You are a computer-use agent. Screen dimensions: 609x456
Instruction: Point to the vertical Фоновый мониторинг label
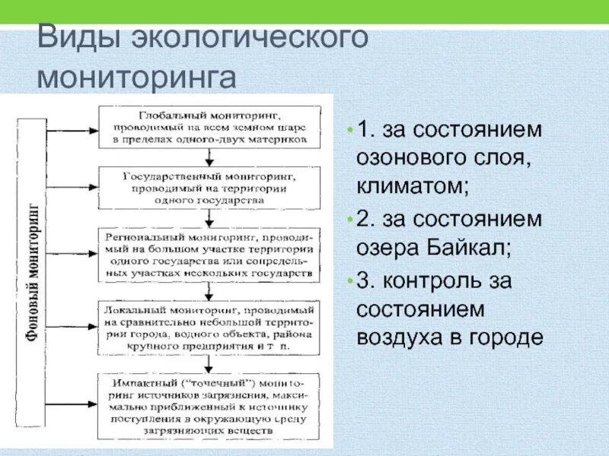[33, 273]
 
